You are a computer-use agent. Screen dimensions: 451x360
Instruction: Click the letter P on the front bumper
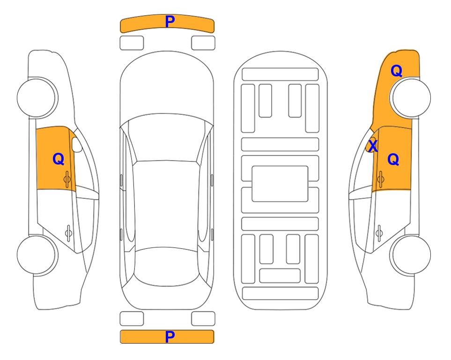pyautogui.click(x=170, y=22)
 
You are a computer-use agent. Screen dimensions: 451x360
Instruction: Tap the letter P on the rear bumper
pyautogui.click(x=170, y=337)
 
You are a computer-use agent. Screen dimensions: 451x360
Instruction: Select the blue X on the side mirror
pyautogui.click(x=373, y=145)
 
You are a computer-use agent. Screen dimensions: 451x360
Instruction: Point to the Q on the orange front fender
pyautogui.click(x=396, y=71)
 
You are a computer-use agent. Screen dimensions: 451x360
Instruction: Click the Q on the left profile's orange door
pyautogui.click(x=59, y=159)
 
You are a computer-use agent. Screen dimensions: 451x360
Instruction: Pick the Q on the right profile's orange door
pyautogui.click(x=393, y=159)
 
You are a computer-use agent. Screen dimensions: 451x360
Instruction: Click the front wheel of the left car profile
pyautogui.click(x=37, y=97)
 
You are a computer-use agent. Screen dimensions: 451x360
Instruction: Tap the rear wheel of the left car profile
pyautogui.click(x=37, y=255)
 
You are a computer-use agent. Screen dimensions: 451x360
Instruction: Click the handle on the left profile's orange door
pyautogui.click(x=67, y=179)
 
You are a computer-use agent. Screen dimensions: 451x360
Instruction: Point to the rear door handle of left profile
pyautogui.click(x=68, y=232)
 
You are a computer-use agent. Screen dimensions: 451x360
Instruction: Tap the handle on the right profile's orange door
pyautogui.click(x=381, y=179)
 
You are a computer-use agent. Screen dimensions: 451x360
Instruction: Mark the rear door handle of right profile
pyautogui.click(x=379, y=232)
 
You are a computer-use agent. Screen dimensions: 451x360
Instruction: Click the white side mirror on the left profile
pyautogui.click(x=77, y=144)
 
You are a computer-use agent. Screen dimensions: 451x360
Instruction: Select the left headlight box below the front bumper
pyautogui.click(x=132, y=43)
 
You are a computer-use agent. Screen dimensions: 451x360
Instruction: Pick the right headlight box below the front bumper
pyautogui.click(x=203, y=43)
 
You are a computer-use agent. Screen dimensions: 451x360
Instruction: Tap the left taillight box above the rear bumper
pyautogui.click(x=132, y=319)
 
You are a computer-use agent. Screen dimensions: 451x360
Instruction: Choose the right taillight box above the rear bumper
pyautogui.click(x=203, y=319)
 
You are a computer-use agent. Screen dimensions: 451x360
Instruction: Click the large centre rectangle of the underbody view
pyautogui.click(x=280, y=184)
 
